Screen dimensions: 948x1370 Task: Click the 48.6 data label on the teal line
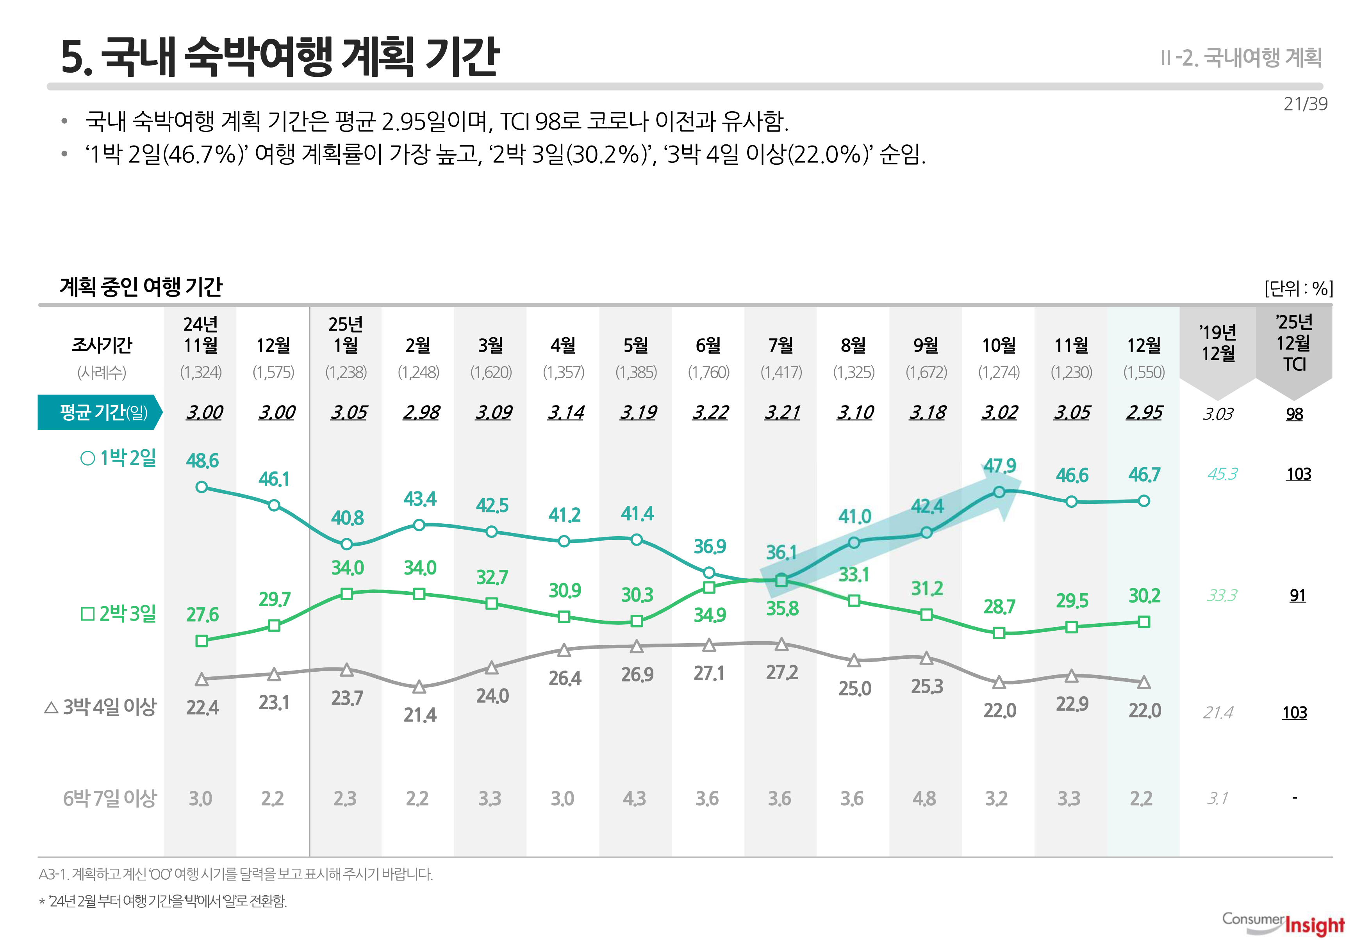coord(202,461)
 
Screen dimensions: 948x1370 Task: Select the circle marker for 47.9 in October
coord(999,492)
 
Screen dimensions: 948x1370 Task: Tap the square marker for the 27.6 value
coord(202,641)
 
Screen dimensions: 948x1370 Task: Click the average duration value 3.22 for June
coord(710,412)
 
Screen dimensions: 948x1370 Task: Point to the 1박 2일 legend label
coord(118,458)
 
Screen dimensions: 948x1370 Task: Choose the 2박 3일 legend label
coord(118,614)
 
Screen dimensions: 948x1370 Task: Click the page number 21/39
coord(1305,104)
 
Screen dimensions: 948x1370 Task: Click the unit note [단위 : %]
coord(1298,289)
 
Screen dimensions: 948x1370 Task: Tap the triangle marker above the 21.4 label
coord(419,687)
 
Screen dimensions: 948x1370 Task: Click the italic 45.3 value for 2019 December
coord(1222,474)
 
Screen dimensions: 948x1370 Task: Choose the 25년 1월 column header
coord(346,334)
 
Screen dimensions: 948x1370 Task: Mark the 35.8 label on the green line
coord(782,609)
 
